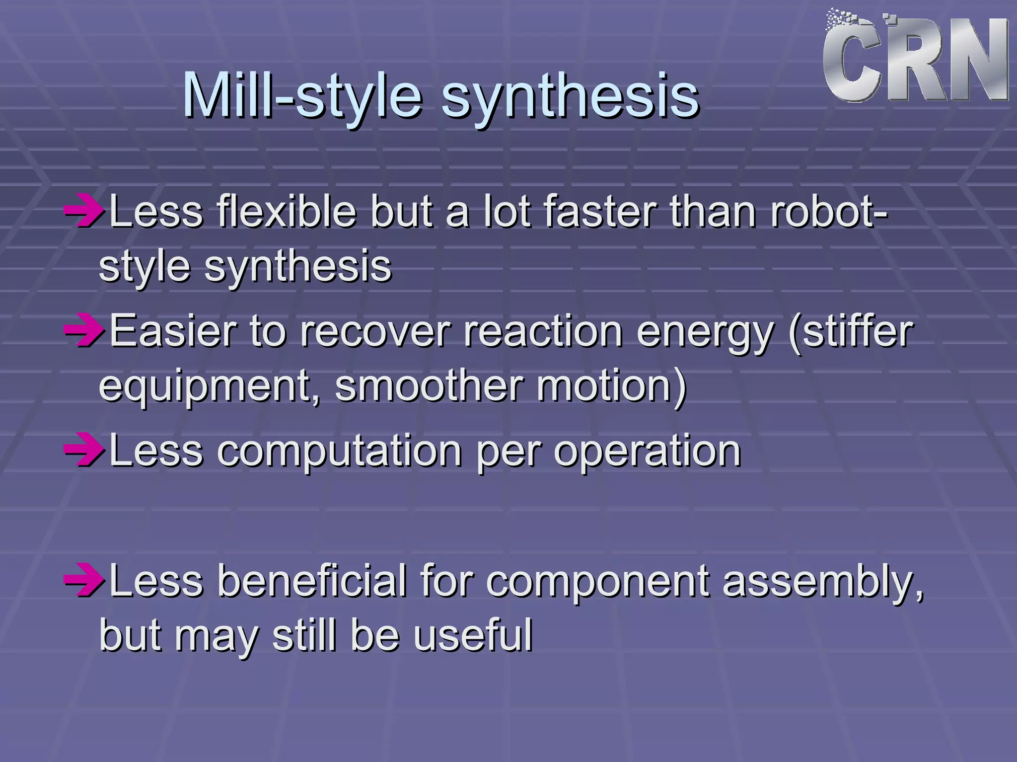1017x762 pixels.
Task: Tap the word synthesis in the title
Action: pos(570,97)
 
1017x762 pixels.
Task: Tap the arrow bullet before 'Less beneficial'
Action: pos(83,581)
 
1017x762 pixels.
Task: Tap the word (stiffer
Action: pos(851,331)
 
